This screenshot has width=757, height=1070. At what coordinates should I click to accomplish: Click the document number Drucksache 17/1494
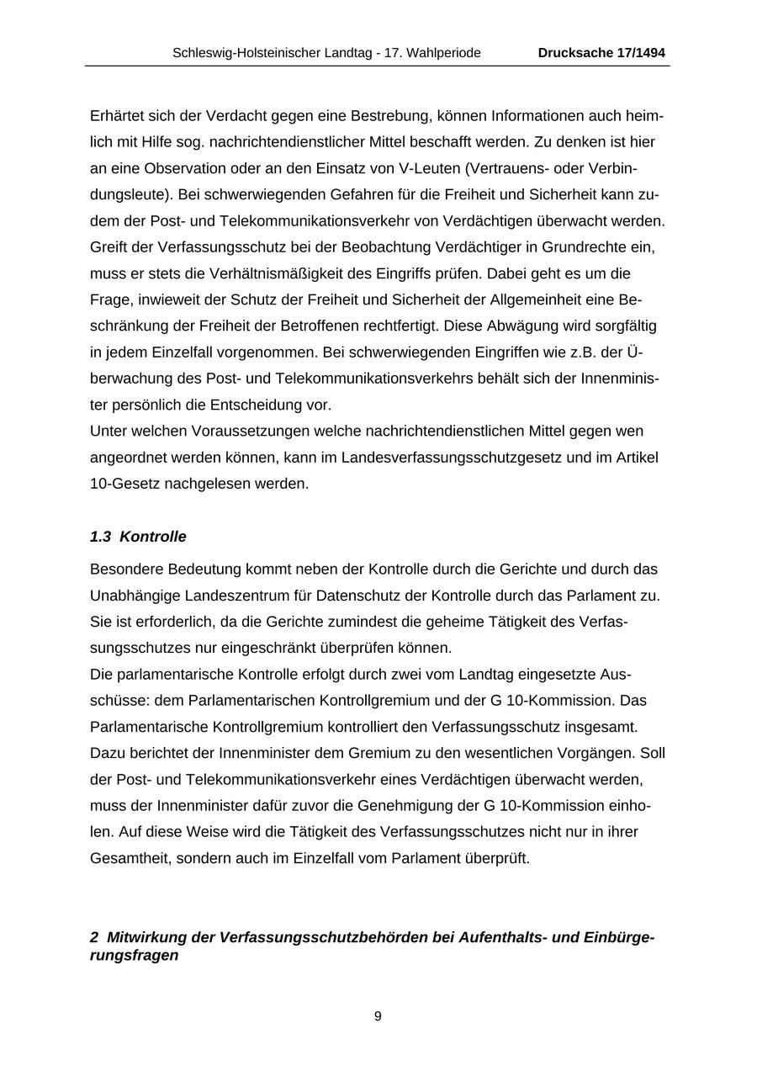tap(601, 53)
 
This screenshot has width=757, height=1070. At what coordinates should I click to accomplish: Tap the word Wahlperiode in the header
tap(443, 53)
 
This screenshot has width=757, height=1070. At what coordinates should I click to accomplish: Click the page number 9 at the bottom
tap(378, 1016)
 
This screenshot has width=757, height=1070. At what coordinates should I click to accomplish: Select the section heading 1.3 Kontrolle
tap(138, 537)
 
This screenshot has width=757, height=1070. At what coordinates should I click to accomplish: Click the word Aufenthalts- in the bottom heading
tap(498, 937)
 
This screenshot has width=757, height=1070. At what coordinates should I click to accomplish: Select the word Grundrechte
tap(580, 247)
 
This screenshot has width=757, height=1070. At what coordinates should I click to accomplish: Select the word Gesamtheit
tap(125, 859)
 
